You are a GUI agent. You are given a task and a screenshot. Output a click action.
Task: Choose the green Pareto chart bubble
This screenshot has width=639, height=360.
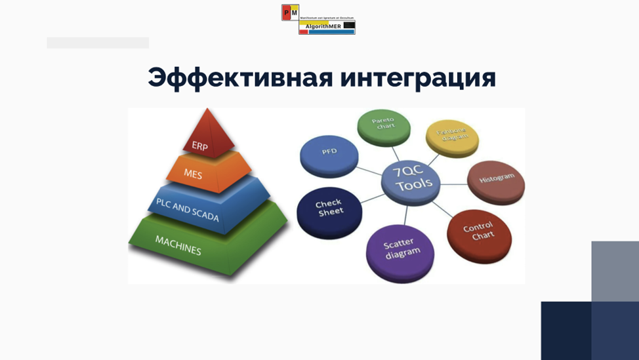tap(383, 127)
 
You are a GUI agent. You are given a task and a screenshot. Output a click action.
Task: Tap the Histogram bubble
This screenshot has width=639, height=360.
tap(496, 180)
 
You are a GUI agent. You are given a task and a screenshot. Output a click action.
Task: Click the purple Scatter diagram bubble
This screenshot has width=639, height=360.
tap(400, 252)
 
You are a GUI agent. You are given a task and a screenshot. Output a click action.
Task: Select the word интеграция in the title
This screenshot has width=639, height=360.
tap(418, 78)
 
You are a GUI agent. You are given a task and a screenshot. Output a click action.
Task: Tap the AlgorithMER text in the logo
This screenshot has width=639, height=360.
tap(323, 26)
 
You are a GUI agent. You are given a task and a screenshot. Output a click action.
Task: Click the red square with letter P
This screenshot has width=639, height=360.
tap(286, 12)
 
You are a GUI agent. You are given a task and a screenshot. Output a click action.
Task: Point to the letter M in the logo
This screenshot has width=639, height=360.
tap(295, 12)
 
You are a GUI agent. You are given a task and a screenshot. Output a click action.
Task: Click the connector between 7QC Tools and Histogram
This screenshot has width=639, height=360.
tap(453, 182)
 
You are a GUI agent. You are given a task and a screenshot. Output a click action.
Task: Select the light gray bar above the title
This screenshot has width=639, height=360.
tap(98, 43)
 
